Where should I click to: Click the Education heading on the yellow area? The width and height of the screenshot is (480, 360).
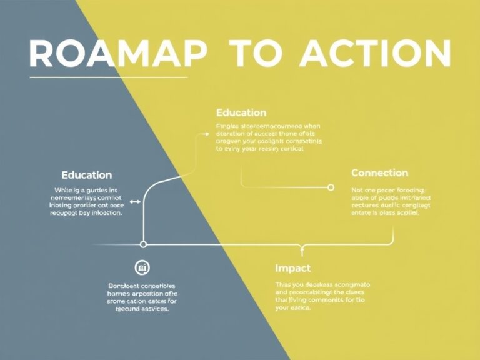241,112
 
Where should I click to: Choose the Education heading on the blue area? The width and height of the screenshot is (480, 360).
87,175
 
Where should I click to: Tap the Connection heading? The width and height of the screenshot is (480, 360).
379,172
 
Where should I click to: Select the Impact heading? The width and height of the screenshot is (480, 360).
292,268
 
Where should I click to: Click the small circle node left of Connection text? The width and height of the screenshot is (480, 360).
331,187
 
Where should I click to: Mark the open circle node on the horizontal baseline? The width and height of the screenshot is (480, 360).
143,244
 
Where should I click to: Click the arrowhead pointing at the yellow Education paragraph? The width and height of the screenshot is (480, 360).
207,133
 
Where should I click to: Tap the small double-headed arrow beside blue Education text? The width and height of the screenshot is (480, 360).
134,201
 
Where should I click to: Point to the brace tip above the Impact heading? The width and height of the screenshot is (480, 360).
302,252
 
